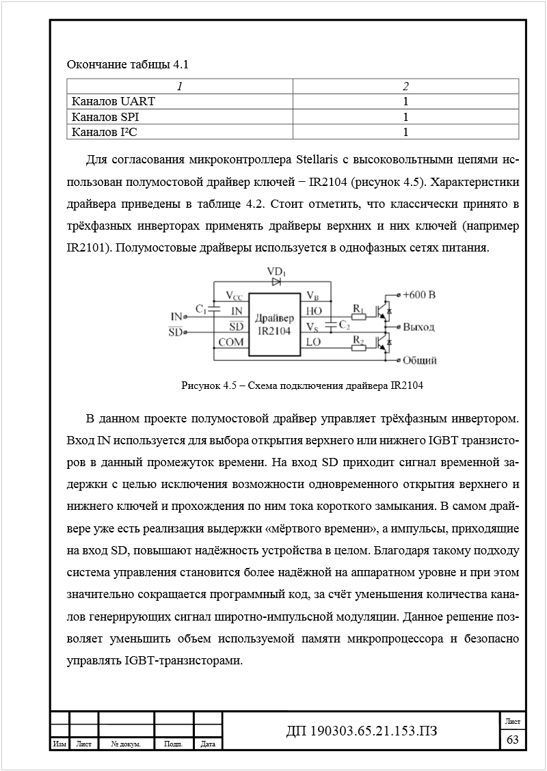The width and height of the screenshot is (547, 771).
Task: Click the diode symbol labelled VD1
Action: pos(276,281)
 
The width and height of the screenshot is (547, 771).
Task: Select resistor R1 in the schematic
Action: pos(358,316)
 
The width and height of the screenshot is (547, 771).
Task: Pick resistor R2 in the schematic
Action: pos(358,347)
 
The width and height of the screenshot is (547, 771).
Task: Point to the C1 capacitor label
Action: pos(201,309)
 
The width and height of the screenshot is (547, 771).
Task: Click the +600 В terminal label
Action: pos(418,295)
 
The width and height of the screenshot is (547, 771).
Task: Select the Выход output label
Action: pos(418,327)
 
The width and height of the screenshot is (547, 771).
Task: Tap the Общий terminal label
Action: pos(419,360)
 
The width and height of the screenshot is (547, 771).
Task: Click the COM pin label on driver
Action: pos(231,342)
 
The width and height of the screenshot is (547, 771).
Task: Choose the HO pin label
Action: pos(314,311)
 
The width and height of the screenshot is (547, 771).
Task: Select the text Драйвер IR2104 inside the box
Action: pos(274,325)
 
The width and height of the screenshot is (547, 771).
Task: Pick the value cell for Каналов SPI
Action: pos(405,116)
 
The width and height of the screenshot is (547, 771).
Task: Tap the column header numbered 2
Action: pos(405,86)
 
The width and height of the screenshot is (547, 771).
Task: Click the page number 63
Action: pos(512,740)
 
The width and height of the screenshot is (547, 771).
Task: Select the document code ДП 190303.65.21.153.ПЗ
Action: pos(361,732)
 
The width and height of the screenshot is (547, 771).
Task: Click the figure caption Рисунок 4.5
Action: pos(302,385)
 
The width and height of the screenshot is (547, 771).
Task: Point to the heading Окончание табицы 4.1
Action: pos(127,65)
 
